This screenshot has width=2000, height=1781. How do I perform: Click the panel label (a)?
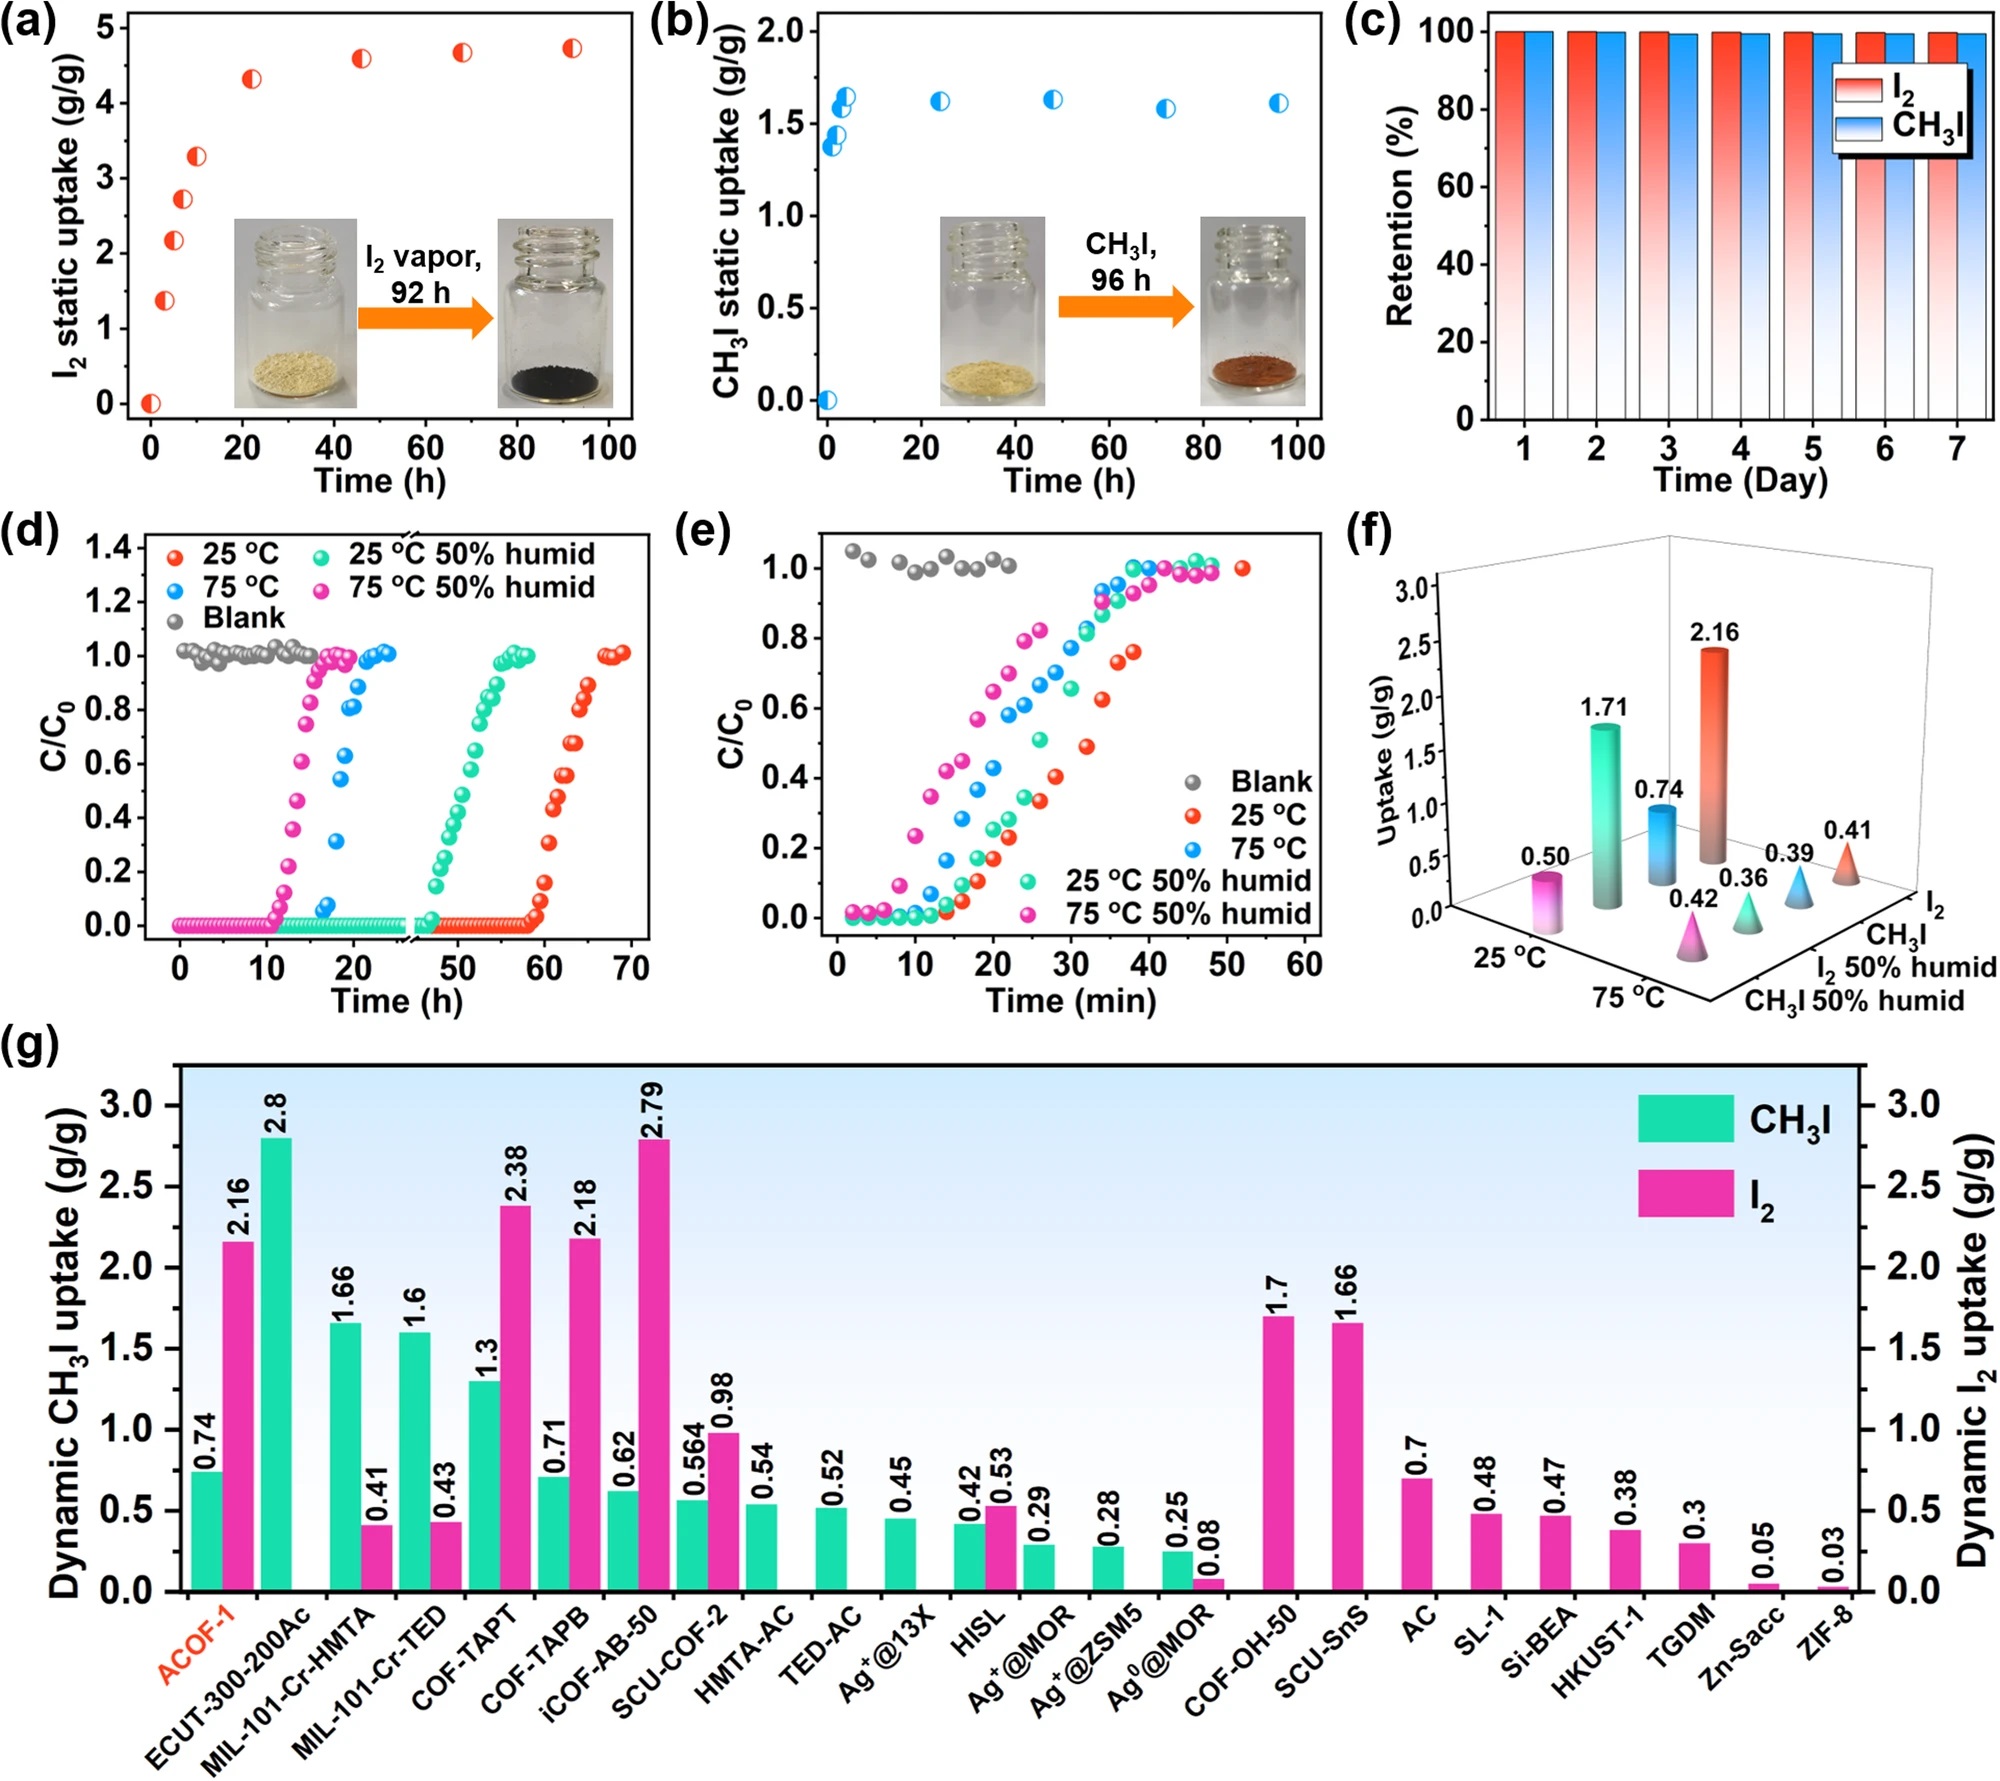click(x=29, y=22)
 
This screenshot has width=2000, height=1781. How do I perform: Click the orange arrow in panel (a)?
click(x=425, y=318)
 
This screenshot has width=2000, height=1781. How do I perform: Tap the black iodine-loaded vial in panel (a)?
click(x=555, y=312)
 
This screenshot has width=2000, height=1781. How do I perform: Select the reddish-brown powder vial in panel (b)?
click(x=1252, y=311)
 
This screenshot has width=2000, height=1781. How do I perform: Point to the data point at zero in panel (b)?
click(x=827, y=400)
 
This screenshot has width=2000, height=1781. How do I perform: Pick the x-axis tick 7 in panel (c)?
click(x=1957, y=449)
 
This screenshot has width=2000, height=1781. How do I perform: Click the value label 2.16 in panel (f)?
click(x=1714, y=632)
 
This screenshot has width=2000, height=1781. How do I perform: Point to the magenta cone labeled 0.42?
click(x=1692, y=939)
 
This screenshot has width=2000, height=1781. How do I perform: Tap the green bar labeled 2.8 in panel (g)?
click(x=276, y=1364)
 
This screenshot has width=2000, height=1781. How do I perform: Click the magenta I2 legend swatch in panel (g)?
click(x=1685, y=1193)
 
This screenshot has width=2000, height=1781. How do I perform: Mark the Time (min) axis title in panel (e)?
click(x=1070, y=1001)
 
